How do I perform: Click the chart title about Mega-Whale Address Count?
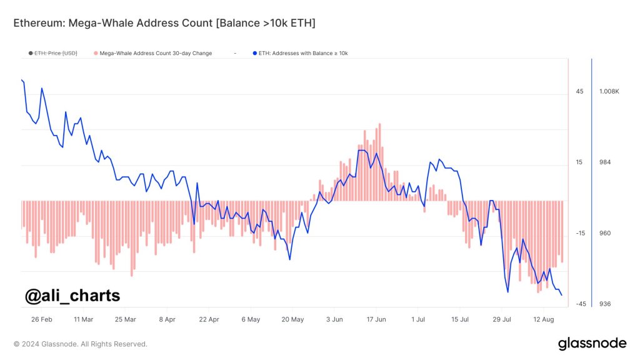coord(164,24)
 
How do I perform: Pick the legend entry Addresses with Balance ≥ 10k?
coord(303,53)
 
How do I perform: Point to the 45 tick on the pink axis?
coord(579,91)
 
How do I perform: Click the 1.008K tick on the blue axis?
coord(609,91)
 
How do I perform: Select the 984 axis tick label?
coord(604,162)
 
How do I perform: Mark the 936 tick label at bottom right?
coord(604,304)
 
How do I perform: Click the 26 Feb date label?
coord(41,319)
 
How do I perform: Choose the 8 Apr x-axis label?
coord(167,319)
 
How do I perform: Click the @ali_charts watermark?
coord(72,295)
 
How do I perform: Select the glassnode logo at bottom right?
coord(592,343)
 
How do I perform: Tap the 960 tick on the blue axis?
coord(604,233)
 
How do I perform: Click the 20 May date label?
coord(292,319)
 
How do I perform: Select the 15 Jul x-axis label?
coord(460,319)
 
